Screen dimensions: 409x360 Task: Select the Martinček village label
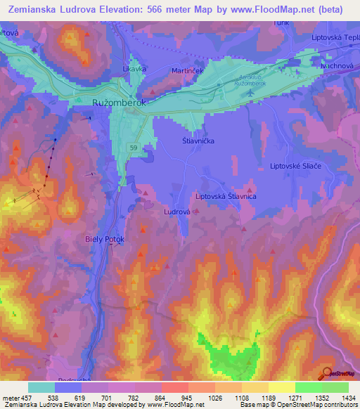(188, 72)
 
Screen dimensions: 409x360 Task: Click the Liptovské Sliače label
(296, 166)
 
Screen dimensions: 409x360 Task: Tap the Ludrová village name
(177, 211)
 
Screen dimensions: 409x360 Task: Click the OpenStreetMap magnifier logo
(327, 372)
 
